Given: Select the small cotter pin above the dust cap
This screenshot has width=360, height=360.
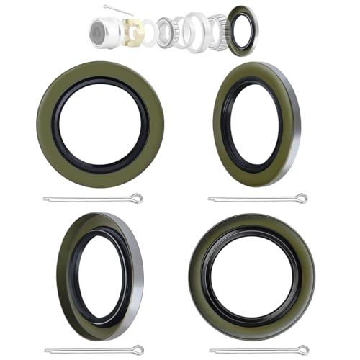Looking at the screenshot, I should coord(117,9).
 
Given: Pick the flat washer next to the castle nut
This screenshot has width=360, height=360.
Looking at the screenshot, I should coord(148,32).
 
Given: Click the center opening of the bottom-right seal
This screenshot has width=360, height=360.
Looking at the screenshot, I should coord(252,277).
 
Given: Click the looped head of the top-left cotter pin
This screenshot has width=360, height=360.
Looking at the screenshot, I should coord(137,198).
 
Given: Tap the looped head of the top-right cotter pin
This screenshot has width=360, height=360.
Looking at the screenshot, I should coord(302,198).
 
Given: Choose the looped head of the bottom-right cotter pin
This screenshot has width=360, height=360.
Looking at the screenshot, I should coord(303,350).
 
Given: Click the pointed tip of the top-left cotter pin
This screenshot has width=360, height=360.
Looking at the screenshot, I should coord(45,199).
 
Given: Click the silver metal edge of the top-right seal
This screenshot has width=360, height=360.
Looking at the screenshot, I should coord(295,124).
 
